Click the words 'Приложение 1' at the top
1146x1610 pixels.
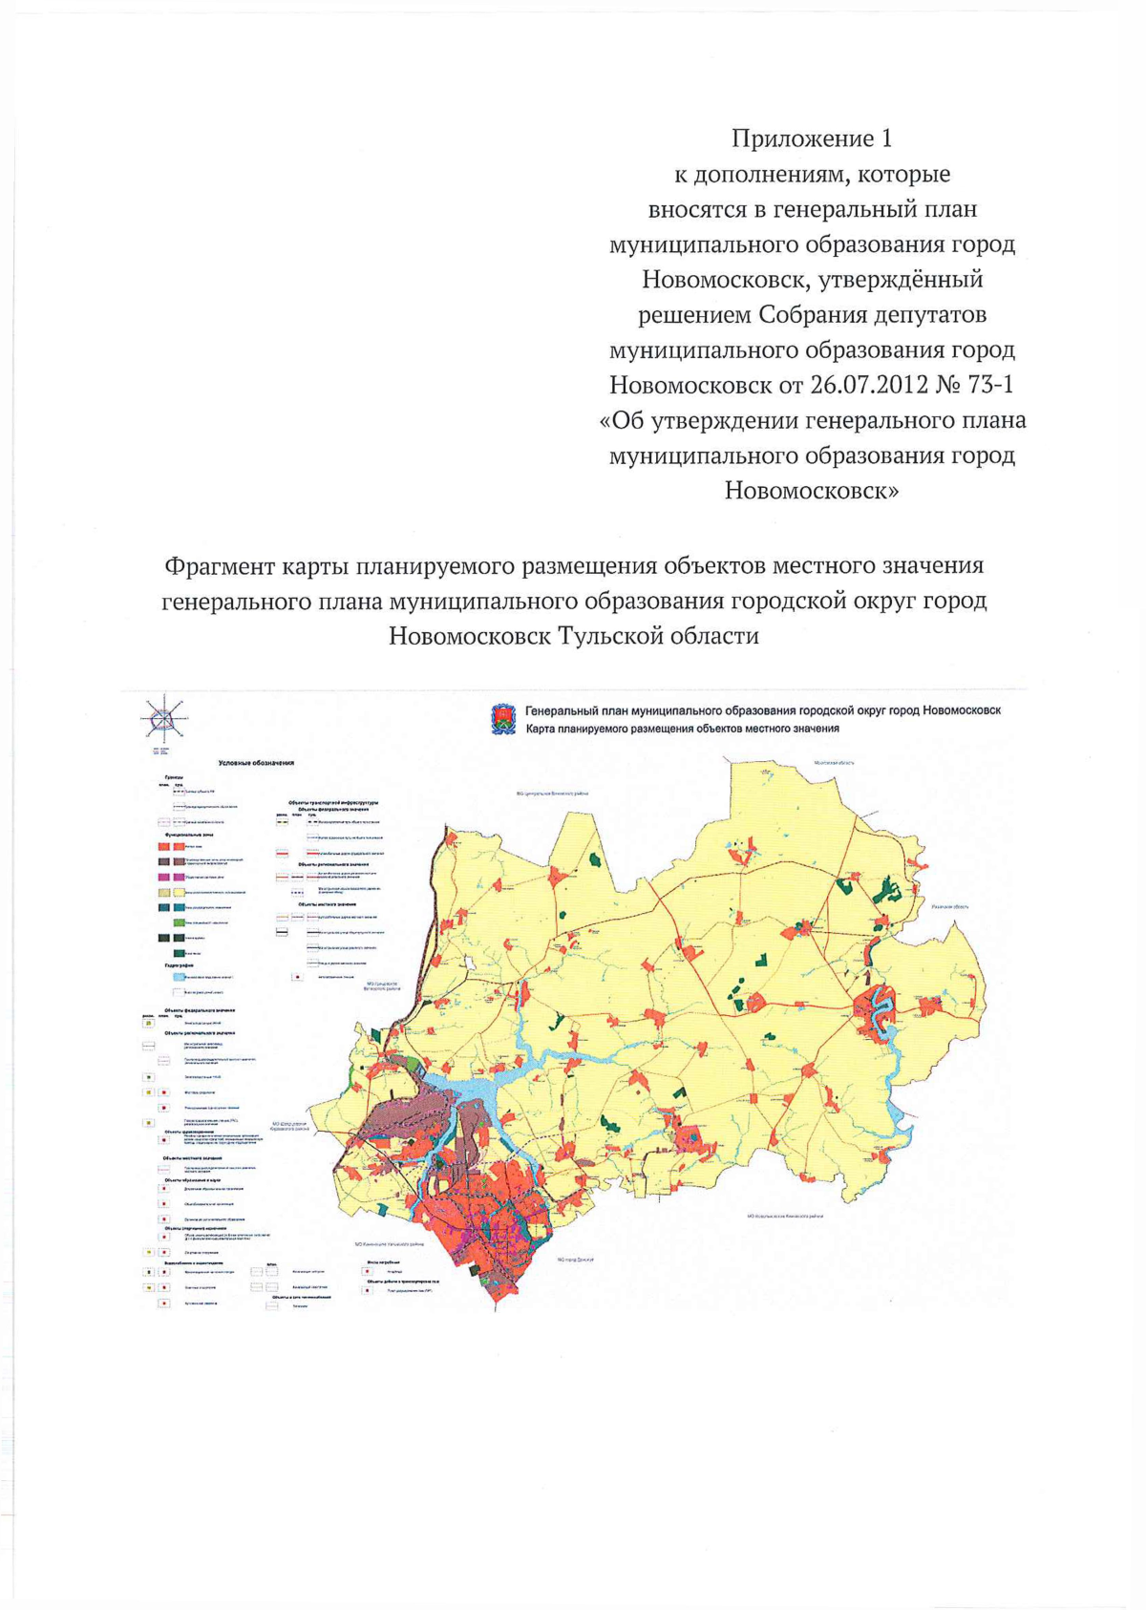(x=812, y=139)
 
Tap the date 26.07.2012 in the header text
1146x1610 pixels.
(x=868, y=385)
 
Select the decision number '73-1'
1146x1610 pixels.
(x=990, y=385)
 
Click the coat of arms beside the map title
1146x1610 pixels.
(x=503, y=719)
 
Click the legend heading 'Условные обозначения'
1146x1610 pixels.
(x=256, y=763)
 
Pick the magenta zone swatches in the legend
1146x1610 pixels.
(x=171, y=877)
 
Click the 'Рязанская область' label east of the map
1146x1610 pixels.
(x=950, y=906)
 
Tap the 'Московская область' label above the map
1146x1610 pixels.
(x=834, y=763)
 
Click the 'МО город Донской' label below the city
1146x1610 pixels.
(x=576, y=1260)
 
